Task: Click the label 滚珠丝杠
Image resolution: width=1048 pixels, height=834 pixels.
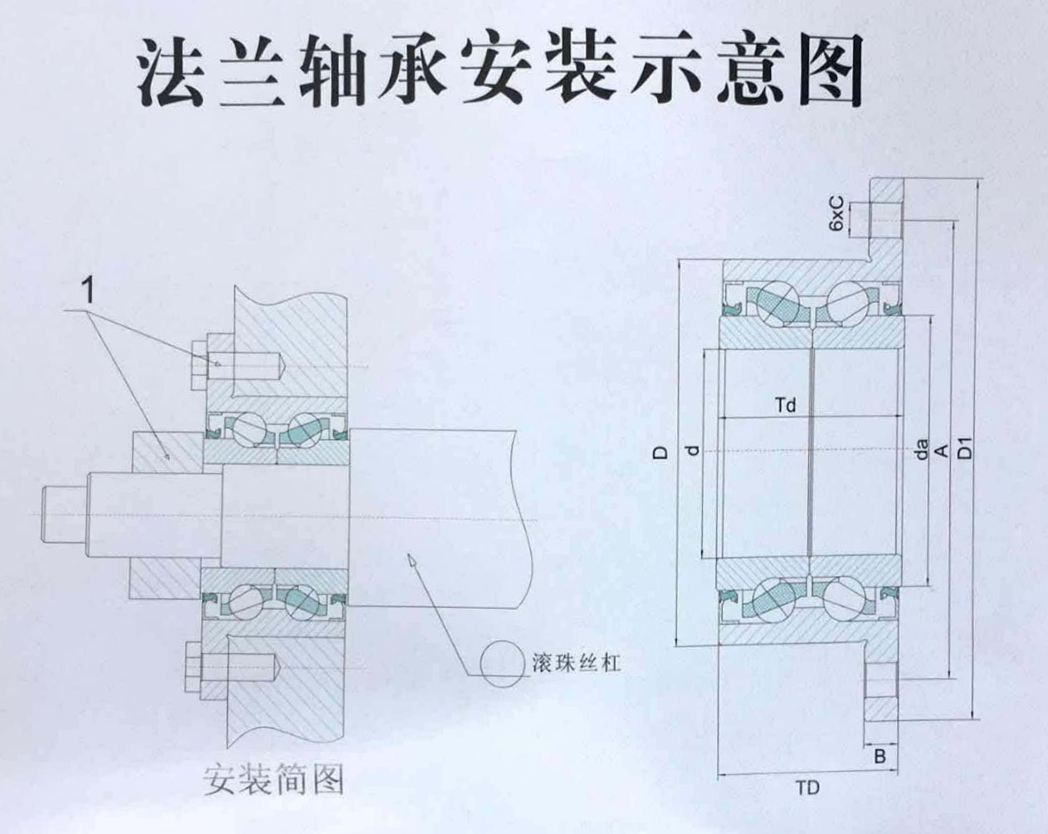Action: pyautogui.click(x=575, y=663)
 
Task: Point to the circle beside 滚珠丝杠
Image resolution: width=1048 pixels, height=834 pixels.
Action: pyautogui.click(x=502, y=662)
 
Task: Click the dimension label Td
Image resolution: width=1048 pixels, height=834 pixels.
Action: pyautogui.click(x=785, y=406)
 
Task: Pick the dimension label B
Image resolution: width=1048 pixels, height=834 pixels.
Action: pyautogui.click(x=880, y=757)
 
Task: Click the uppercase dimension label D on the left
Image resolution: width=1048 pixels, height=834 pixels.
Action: pyautogui.click(x=660, y=451)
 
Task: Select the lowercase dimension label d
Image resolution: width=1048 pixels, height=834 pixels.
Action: pyautogui.click(x=693, y=451)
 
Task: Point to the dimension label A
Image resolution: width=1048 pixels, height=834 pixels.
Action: pyautogui.click(x=941, y=451)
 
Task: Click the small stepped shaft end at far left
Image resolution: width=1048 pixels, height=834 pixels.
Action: pyautogui.click(x=62, y=515)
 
